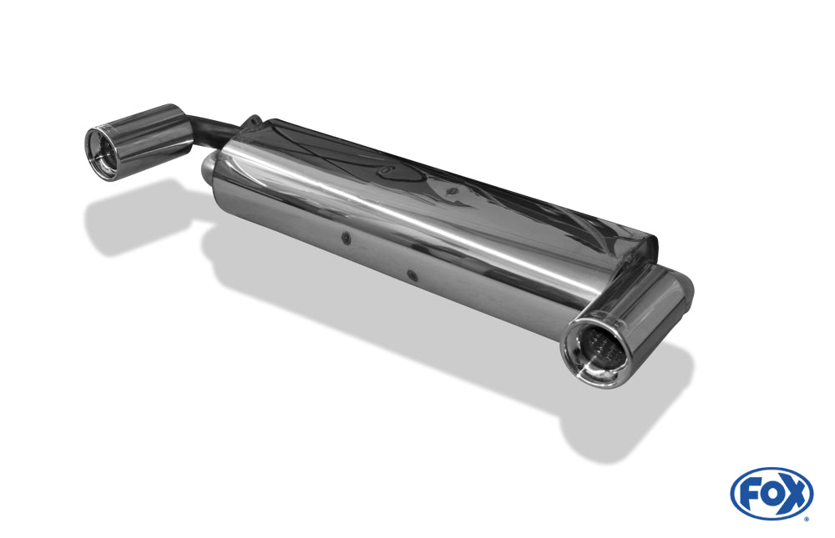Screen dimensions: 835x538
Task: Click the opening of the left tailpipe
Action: coord(102,151)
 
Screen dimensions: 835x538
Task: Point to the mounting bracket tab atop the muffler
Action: coord(253,122)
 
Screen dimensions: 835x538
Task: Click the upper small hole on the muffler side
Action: coord(347,238)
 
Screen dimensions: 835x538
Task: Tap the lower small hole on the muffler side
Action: coord(411,274)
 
